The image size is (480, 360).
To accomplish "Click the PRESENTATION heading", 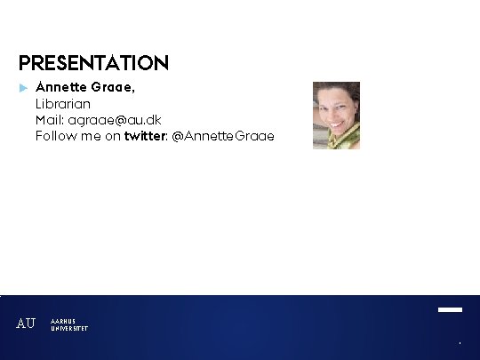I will pyautogui.click(x=93, y=63).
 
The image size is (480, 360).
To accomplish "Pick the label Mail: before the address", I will pyautogui.click(x=50, y=120).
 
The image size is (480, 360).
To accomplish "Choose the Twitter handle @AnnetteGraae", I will pyautogui.click(x=223, y=136).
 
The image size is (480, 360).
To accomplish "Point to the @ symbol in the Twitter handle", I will pyautogui.click(x=178, y=136).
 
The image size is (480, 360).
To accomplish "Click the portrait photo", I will pyautogui.click(x=336, y=115).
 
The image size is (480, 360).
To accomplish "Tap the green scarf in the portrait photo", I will pyautogui.click(x=343, y=138).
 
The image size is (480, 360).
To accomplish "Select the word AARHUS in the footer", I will pyautogui.click(x=63, y=321).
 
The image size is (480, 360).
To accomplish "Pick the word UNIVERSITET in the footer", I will pyautogui.click(x=69, y=328).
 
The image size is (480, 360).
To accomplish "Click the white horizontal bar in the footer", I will pyautogui.click(x=450, y=310).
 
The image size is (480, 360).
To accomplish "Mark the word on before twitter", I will pyautogui.click(x=112, y=136).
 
